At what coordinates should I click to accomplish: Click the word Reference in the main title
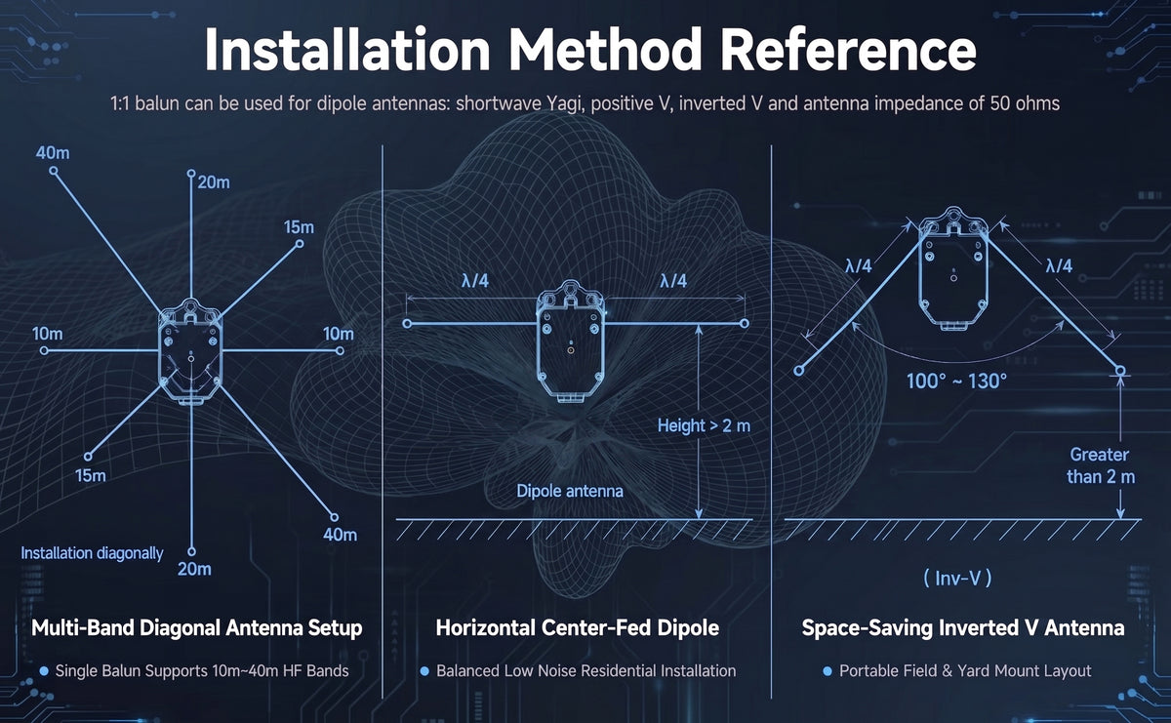(x=847, y=50)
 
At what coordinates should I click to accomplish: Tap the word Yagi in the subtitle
(x=562, y=104)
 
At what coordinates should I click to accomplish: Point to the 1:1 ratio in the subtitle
(x=120, y=103)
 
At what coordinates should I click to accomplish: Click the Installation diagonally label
(x=92, y=553)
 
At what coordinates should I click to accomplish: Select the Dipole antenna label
(x=570, y=491)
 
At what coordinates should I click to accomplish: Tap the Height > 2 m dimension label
(x=704, y=425)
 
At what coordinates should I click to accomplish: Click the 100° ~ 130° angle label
(x=956, y=382)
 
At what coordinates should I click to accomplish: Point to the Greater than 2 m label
(x=1101, y=465)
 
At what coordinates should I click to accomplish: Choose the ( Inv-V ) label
(x=957, y=579)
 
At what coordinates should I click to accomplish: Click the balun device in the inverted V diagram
(x=953, y=268)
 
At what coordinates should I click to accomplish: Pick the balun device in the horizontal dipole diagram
(x=570, y=341)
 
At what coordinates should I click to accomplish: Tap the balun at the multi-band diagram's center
(x=191, y=351)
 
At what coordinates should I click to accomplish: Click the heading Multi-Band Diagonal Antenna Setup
(x=196, y=627)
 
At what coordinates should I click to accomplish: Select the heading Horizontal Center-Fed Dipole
(x=577, y=627)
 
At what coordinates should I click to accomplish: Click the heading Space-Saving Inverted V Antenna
(x=963, y=627)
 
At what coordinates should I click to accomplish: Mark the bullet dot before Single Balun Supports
(x=44, y=670)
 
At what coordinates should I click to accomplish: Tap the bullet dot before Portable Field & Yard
(x=828, y=670)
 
